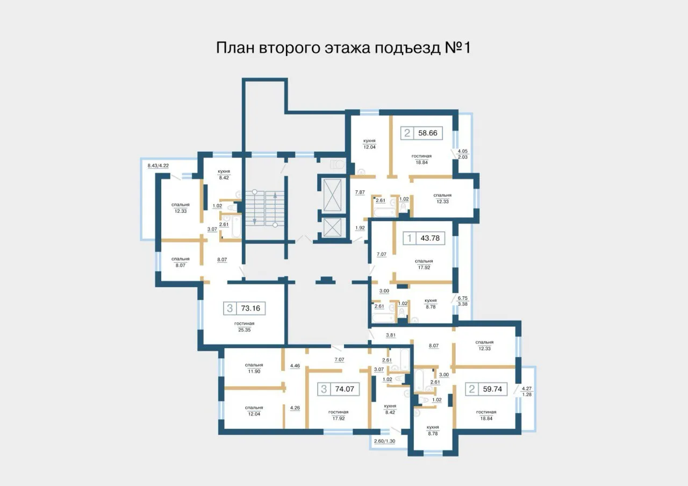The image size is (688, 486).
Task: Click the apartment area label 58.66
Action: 427,133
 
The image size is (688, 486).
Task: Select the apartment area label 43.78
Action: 430,238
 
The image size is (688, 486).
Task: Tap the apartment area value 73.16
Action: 250,308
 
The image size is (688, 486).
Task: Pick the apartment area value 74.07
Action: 345,389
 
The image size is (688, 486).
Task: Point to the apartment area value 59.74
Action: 492,389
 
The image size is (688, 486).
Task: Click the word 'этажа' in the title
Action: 348,48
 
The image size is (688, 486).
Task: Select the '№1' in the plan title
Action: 457,48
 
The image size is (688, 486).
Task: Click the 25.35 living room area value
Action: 244,330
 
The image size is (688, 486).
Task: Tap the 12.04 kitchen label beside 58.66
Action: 369,147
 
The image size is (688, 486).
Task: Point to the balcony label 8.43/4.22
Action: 158,166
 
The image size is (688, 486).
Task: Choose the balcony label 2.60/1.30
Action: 384,441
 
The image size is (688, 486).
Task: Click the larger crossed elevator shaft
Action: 332,195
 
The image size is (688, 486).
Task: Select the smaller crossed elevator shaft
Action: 332,227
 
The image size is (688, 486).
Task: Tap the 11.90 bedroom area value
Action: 254,371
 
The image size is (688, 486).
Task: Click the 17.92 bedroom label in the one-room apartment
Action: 424,268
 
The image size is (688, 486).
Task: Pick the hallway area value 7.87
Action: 360,192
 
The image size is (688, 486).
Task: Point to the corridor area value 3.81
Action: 391,335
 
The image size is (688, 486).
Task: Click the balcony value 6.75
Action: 463,298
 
